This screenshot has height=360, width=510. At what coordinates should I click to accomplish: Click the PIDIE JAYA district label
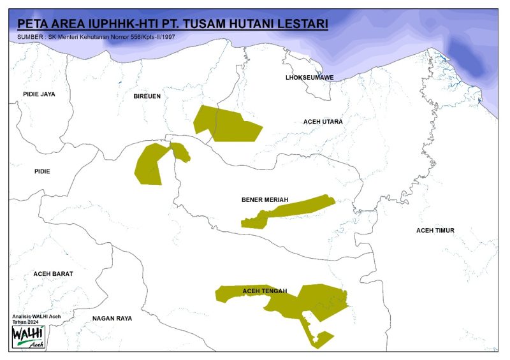click(x=39, y=94)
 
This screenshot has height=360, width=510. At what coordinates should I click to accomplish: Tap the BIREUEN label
click(x=147, y=96)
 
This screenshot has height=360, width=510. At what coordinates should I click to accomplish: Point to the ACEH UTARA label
click(x=323, y=121)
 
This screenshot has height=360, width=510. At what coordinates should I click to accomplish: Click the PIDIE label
click(x=42, y=171)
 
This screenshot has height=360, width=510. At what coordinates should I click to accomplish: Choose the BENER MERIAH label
click(x=265, y=199)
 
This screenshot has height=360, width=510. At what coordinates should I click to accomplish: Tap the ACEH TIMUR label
click(x=435, y=230)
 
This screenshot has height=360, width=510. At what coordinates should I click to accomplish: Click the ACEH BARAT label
click(x=54, y=273)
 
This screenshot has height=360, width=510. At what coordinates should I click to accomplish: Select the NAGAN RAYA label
click(x=112, y=318)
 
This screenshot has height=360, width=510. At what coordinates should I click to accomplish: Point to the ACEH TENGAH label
click(x=265, y=291)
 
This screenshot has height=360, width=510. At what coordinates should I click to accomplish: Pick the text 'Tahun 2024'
click(x=25, y=322)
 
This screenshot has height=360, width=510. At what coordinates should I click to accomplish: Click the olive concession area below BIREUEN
click(x=226, y=124)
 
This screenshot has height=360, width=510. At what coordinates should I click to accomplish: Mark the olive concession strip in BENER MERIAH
click(x=290, y=211)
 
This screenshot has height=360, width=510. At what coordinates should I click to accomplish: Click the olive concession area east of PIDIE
click(x=152, y=164)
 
